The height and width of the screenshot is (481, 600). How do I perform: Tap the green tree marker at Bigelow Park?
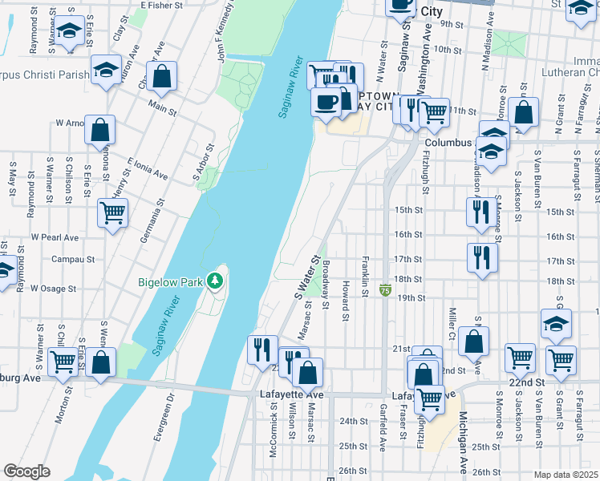coord(214,281)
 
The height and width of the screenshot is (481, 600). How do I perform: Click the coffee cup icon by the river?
coord(326,102)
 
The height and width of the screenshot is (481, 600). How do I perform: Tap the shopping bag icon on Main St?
coord(161,78)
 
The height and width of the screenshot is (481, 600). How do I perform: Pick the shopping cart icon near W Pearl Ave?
coord(112,213)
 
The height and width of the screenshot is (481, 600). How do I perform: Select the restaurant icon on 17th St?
coord(481,257)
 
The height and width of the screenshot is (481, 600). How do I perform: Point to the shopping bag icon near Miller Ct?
coord(474,341)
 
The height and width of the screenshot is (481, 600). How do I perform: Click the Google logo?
coord(26,471)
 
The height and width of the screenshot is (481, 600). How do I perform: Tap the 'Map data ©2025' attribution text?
coord(566,475)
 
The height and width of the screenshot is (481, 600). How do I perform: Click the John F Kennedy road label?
coord(225,33)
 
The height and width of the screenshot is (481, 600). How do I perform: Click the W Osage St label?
coord(54,289)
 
